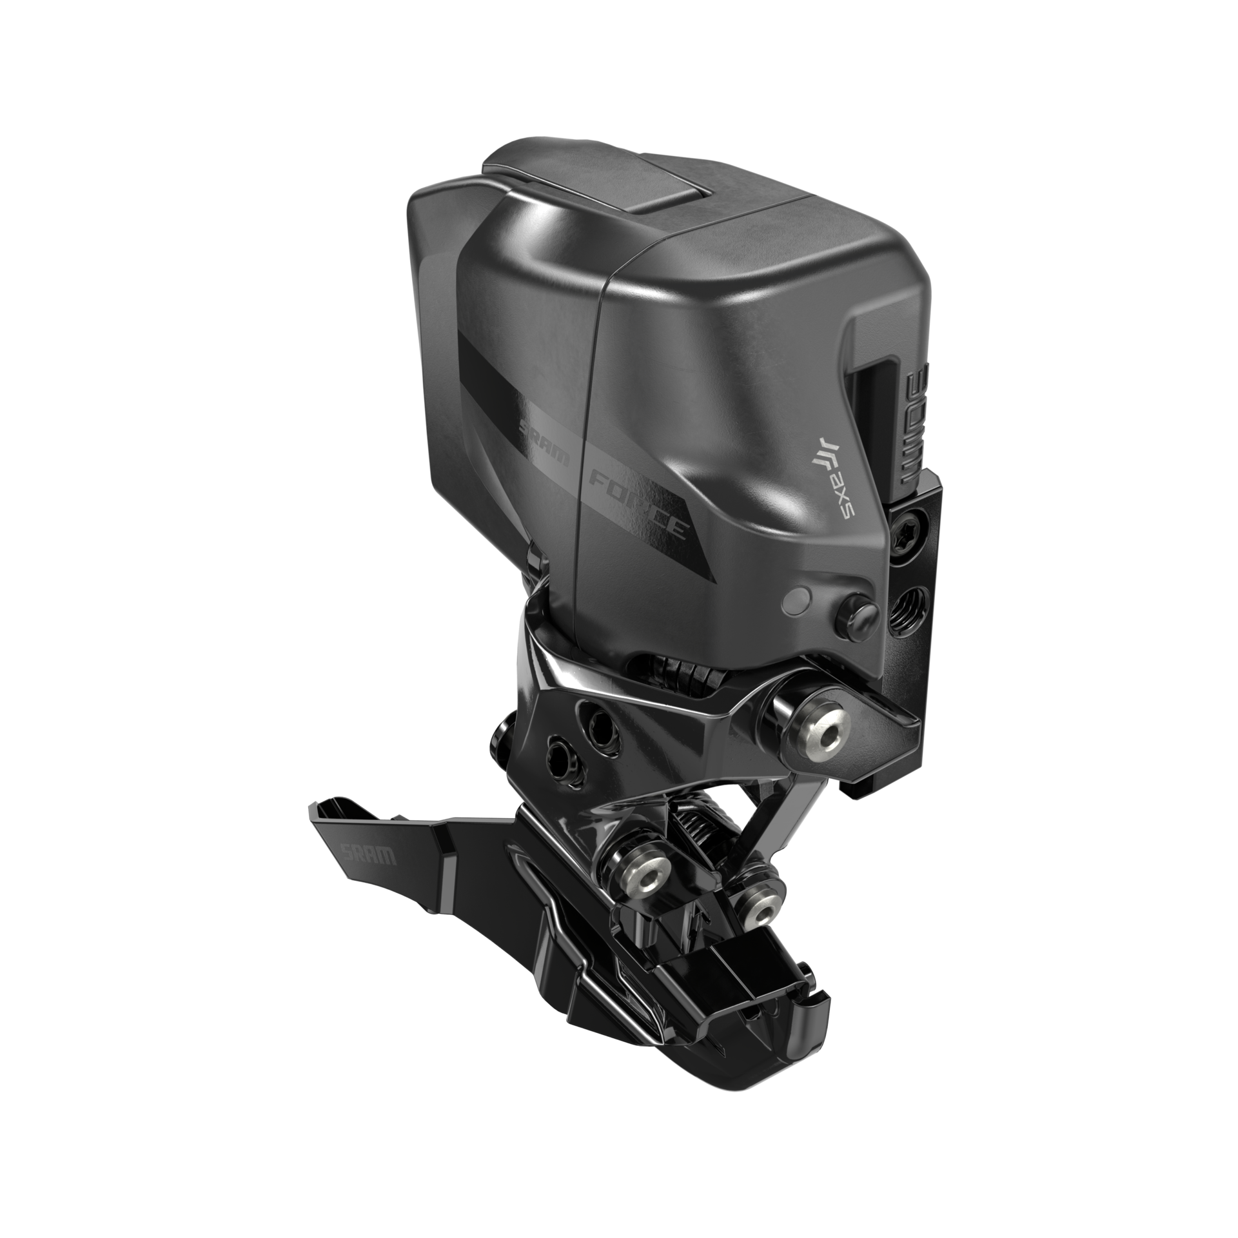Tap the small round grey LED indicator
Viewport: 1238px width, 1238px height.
pos(794,602)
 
